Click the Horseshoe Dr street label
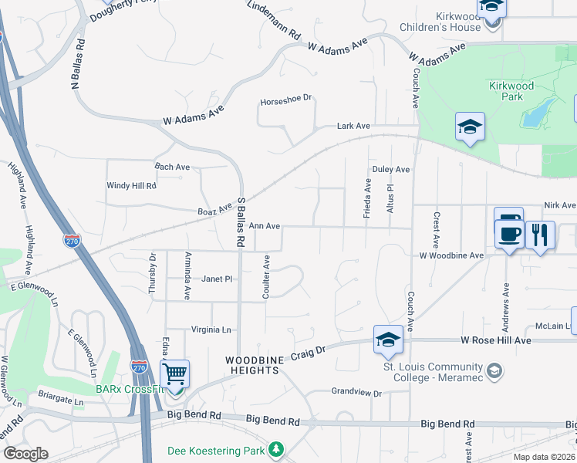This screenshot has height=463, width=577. [x=285, y=100]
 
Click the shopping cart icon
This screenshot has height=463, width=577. [x=175, y=374]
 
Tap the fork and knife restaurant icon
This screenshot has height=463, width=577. [x=540, y=234]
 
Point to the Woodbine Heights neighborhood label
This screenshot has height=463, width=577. [x=251, y=365]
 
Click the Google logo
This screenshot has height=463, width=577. [x=25, y=454]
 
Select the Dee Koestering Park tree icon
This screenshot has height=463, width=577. [x=276, y=449]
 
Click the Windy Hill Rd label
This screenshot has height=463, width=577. [x=131, y=186]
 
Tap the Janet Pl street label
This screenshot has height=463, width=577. [x=217, y=279]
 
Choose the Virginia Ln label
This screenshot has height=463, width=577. [x=211, y=330]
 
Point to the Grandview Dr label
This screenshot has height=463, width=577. [x=356, y=393]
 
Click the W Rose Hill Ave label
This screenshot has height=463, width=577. [x=495, y=340]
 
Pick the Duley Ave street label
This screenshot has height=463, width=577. [x=390, y=169]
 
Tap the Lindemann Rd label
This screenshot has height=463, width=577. [x=274, y=21]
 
